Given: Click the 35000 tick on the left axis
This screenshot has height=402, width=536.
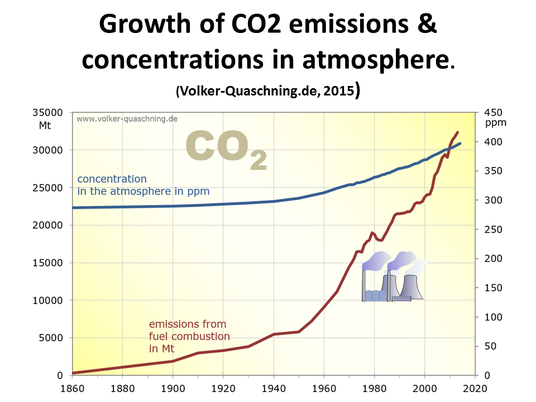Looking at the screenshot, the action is point(47,112).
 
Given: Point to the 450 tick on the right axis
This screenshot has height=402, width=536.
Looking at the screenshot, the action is point(493,112).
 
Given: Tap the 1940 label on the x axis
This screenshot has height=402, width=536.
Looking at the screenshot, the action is point(274,389).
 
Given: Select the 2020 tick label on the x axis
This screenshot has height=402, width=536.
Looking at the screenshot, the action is point(475,389).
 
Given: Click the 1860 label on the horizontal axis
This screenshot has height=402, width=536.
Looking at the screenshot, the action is point(72,389).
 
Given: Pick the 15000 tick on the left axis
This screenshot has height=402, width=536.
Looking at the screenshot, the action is point(47,263).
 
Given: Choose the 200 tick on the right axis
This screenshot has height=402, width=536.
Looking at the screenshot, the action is point(493,259).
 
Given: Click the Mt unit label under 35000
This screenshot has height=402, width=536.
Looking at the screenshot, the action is point(45,126).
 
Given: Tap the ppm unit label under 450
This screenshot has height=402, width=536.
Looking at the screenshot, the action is point(496,123).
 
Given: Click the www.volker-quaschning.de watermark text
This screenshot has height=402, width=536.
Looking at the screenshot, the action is point(127,119).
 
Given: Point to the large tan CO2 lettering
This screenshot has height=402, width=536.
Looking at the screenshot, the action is point(226,149).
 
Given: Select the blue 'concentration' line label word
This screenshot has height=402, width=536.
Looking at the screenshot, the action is point(112,179).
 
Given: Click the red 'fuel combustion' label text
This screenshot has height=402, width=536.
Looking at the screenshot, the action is point(189,336).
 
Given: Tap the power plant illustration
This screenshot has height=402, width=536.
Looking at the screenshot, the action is point(394,276).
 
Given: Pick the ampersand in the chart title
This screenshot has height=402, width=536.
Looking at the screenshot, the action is point(427,24).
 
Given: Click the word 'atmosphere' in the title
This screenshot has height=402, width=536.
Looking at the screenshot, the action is point(376,60).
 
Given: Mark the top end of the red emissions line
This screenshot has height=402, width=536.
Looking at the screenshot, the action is point(458,132).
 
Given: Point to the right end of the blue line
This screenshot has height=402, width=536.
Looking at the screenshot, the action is point(461,143).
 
